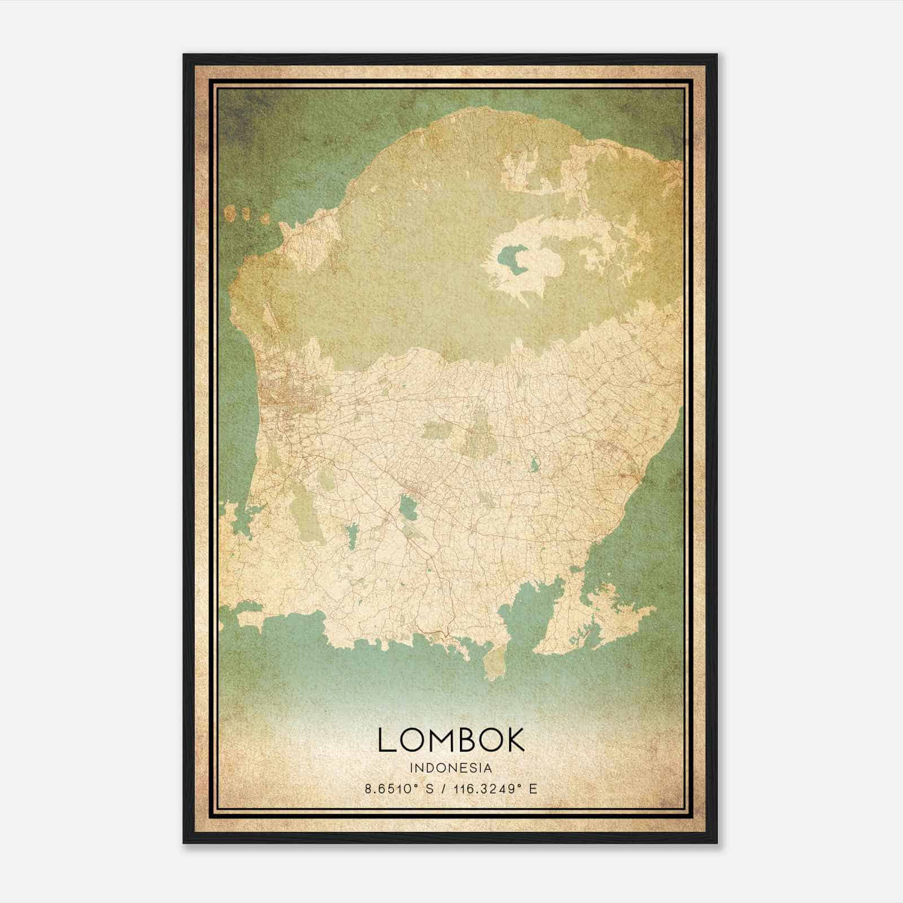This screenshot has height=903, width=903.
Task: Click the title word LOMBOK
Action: pos(451,739)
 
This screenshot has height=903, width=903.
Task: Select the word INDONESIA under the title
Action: pos(451,768)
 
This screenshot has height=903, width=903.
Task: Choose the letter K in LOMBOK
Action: pos(515,739)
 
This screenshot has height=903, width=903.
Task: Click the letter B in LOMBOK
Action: pos(467,739)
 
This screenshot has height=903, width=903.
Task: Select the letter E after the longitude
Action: pos(533,789)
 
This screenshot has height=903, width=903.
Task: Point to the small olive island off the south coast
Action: pos(496,663)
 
